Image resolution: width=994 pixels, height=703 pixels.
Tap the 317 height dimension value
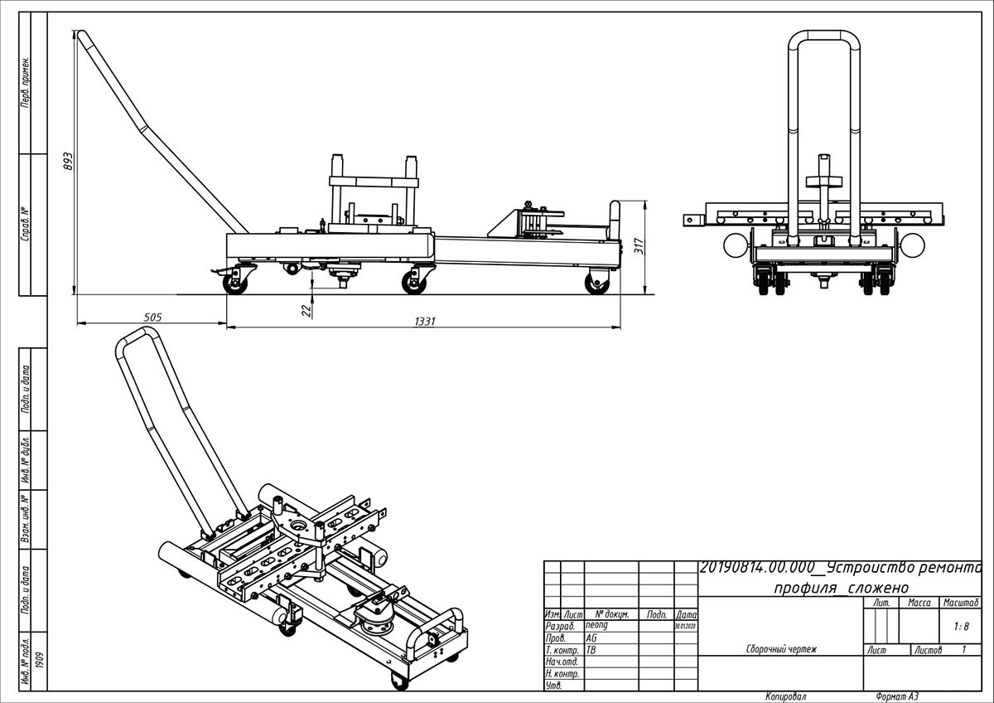coord(638,246)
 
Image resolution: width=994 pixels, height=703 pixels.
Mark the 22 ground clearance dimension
coord(306,309)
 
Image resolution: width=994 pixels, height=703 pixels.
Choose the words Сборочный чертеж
coord(781,650)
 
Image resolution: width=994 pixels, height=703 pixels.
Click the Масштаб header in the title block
coord(961,603)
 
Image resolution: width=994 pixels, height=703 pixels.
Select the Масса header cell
coord(919,603)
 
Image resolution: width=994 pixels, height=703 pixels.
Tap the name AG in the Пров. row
coord(591,639)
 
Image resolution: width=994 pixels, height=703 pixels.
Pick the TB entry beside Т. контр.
coord(591,651)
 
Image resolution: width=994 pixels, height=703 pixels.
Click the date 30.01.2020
coord(686,627)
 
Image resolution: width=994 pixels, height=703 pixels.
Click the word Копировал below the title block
coord(785,696)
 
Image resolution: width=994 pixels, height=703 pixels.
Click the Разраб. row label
coord(560,627)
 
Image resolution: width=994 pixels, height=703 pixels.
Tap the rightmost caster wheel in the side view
coord(596,284)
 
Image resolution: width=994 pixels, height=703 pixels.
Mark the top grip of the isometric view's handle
coord(138,336)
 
